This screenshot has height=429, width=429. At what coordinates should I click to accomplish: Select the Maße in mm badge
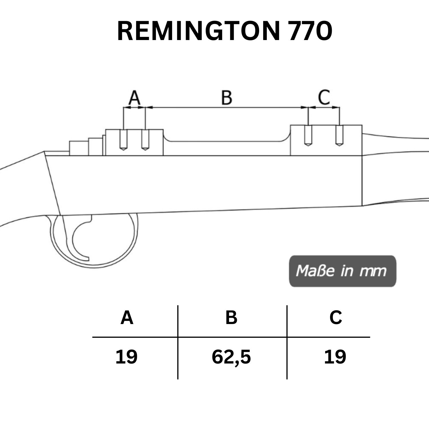pos(342,271)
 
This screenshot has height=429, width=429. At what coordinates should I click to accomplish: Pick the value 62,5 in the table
pos(231,357)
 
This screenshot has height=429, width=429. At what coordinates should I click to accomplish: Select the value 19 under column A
pos(126,357)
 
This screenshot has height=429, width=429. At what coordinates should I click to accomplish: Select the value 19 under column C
pos(335,357)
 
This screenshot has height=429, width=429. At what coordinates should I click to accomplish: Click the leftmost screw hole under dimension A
pos(123,140)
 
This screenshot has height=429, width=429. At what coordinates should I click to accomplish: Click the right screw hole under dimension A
pos(145,140)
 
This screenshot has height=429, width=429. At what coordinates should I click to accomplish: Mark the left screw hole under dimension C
pos(308,136)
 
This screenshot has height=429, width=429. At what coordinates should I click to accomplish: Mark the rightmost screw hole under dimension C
pos(339,136)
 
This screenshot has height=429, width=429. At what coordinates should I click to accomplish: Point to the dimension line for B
pos(227,108)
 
